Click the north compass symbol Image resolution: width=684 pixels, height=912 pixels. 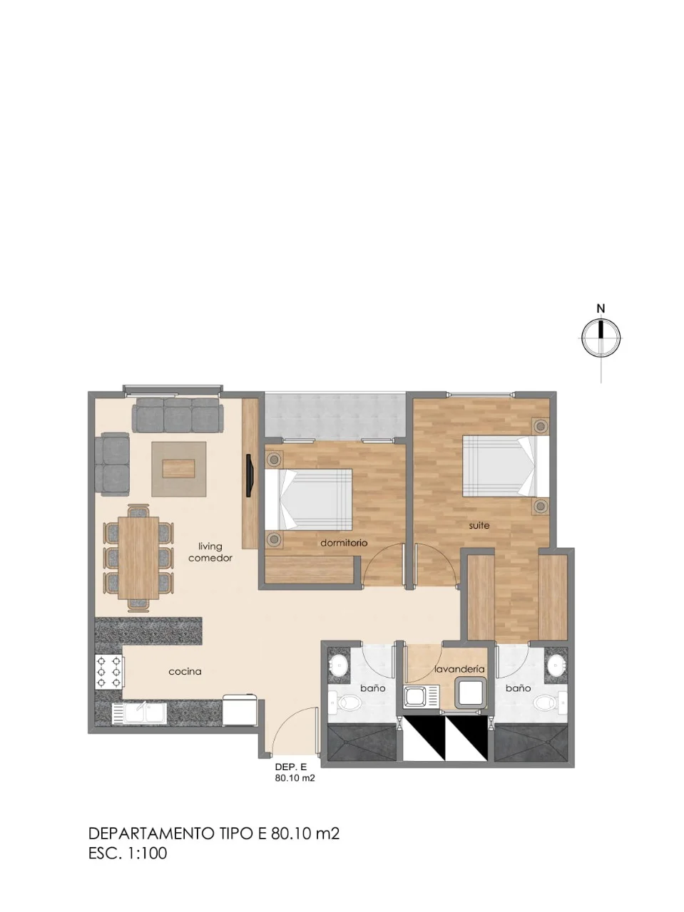(x=601, y=338)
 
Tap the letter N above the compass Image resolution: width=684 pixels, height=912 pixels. (x=601, y=309)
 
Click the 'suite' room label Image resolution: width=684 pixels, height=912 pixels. (x=479, y=526)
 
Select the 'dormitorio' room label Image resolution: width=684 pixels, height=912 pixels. (x=344, y=543)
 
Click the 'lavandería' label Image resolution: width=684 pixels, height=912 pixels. (x=459, y=669)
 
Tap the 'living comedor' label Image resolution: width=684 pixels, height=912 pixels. (x=210, y=552)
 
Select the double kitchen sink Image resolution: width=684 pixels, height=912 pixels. (x=139, y=712)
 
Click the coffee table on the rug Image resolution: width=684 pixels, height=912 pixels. (x=179, y=469)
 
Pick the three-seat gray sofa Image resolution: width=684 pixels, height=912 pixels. (x=178, y=415)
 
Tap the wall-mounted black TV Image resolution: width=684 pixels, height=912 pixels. (x=249, y=475)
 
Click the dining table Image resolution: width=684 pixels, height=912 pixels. (x=138, y=558)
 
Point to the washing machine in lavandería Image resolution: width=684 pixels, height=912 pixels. (x=470, y=693)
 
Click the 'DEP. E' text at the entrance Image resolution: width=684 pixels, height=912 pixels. (x=291, y=767)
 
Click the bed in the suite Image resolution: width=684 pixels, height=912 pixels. (x=506, y=466)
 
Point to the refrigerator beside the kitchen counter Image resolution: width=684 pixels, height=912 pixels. (x=240, y=710)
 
